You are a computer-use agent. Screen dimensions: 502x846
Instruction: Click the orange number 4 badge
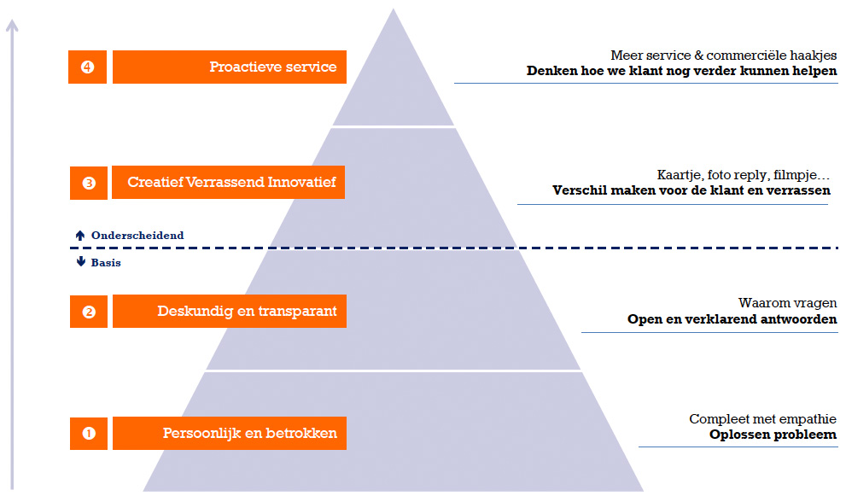click(87, 67)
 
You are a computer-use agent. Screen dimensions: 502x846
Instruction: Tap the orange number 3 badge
click(89, 183)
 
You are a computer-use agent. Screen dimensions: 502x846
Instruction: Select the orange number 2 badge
click(89, 312)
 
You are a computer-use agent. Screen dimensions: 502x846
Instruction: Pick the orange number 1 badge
click(89, 434)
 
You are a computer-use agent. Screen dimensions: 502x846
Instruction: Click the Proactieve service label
click(230, 67)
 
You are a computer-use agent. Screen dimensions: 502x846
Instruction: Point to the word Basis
click(106, 263)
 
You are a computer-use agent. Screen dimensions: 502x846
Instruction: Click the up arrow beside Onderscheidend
click(80, 236)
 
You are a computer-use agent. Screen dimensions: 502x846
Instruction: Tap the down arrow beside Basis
click(80, 263)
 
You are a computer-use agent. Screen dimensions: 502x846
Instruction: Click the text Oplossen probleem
click(773, 435)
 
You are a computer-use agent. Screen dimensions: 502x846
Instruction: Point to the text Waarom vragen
click(787, 303)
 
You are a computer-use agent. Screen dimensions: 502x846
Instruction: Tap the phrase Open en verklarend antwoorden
click(732, 320)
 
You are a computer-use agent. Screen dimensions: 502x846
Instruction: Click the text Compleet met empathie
click(762, 419)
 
